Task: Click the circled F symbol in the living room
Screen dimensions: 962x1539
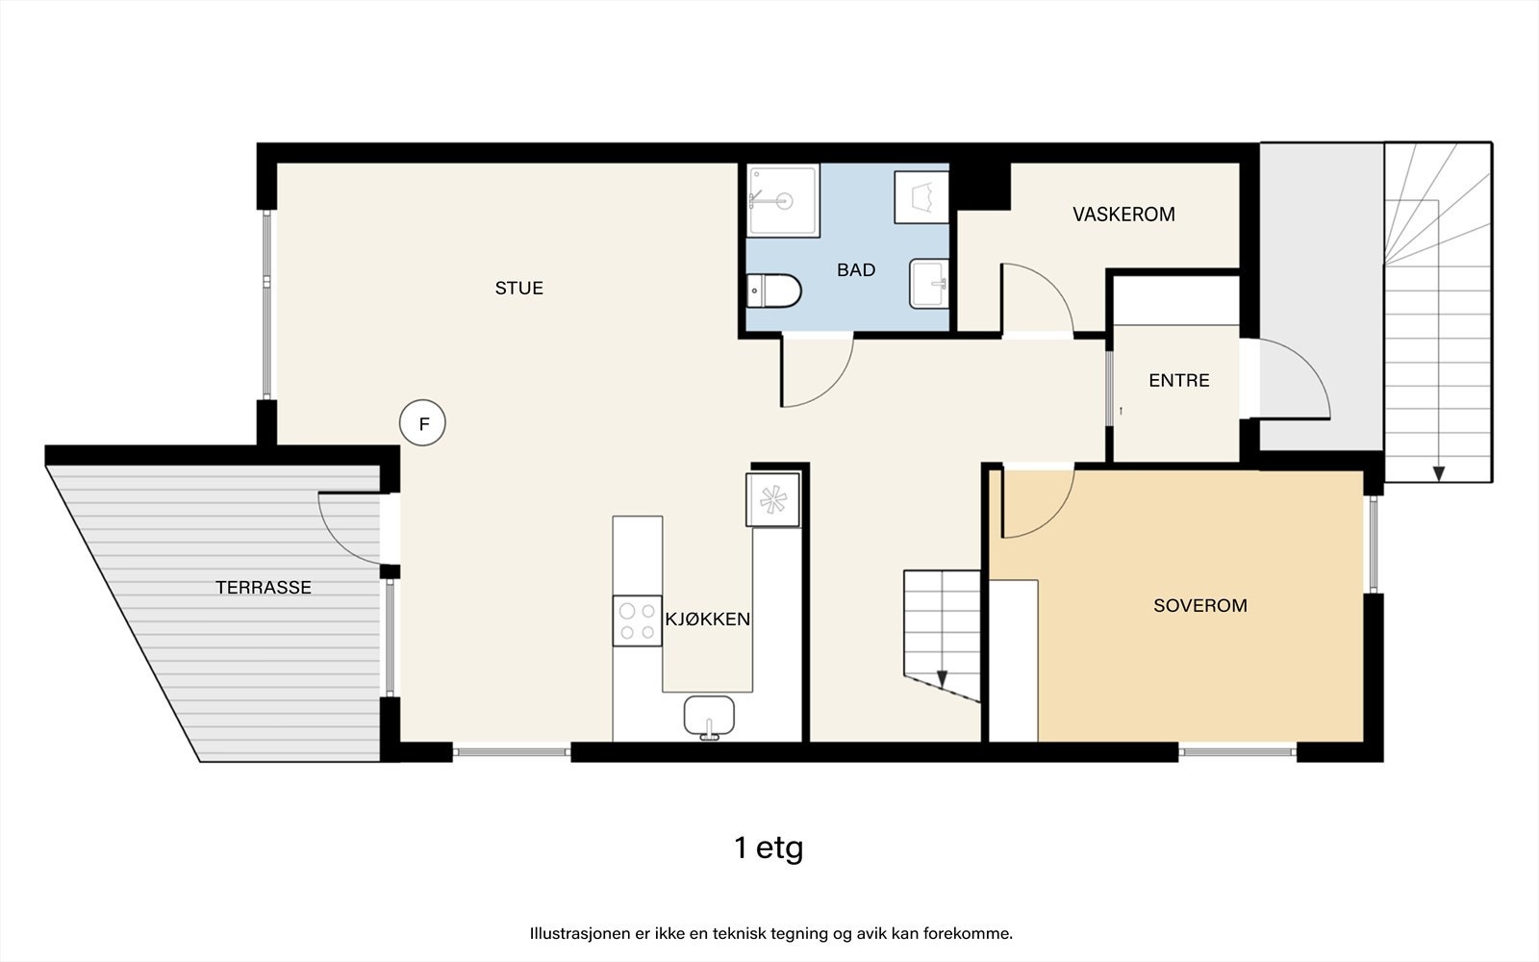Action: click(423, 423)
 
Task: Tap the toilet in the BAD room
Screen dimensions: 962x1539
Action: click(775, 291)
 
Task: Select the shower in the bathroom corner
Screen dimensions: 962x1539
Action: click(784, 201)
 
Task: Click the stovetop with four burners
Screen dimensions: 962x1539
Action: click(637, 620)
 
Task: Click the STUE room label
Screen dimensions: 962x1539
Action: click(519, 288)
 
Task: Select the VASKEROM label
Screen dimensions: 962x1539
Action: click(1123, 215)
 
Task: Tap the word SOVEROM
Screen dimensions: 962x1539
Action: click(1199, 605)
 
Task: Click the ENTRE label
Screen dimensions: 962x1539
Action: click(1178, 380)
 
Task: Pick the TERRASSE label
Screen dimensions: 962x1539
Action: click(263, 587)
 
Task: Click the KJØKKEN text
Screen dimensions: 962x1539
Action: click(708, 620)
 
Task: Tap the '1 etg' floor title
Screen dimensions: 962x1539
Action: click(768, 848)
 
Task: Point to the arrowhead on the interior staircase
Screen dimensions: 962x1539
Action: click(942, 678)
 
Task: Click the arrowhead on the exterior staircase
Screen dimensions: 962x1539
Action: click(1438, 473)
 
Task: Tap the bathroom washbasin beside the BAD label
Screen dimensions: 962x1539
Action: click(928, 284)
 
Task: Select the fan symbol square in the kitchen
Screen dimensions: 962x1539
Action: click(772, 499)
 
